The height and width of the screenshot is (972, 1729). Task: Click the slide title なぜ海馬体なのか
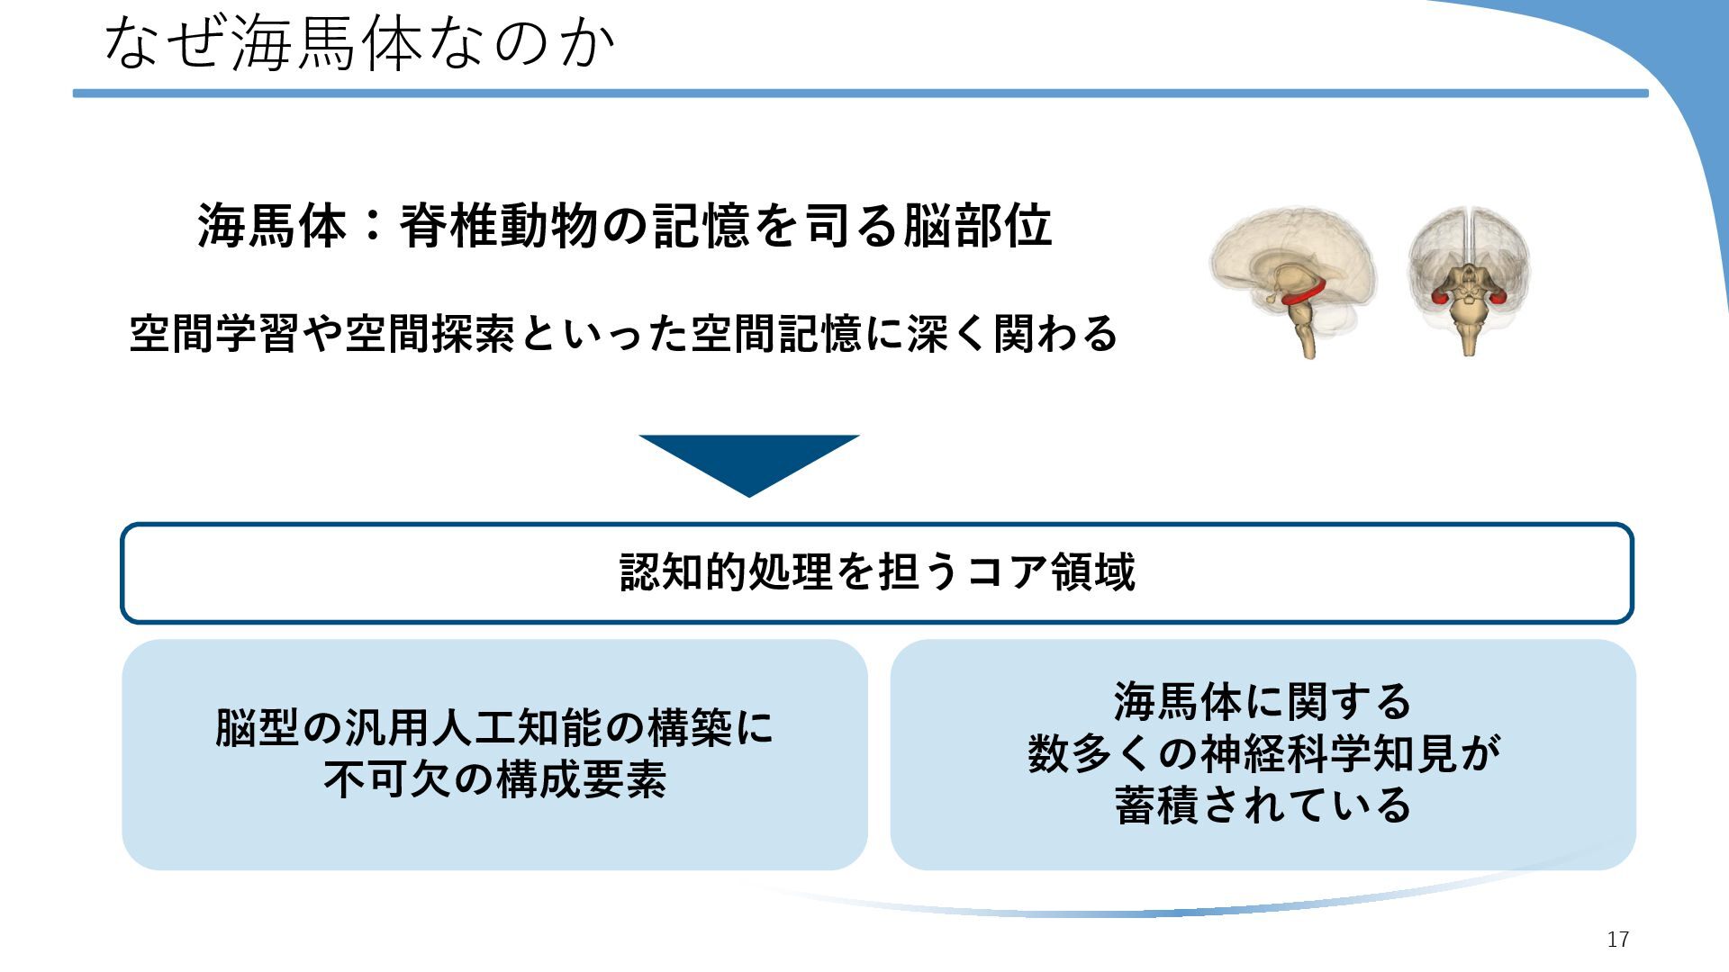click(x=358, y=43)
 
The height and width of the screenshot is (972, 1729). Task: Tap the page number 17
click(x=1617, y=940)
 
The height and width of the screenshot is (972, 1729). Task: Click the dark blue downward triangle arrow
click(x=749, y=461)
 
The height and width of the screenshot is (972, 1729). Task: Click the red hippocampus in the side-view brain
click(x=1302, y=295)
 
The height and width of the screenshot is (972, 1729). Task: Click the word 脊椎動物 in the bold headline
click(x=499, y=225)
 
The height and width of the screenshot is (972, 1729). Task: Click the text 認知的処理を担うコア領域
click(x=877, y=572)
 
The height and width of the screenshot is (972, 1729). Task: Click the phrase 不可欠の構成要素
click(x=494, y=780)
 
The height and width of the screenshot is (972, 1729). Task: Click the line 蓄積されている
click(x=1263, y=805)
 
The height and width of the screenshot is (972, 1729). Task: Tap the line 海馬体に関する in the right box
click(x=1263, y=702)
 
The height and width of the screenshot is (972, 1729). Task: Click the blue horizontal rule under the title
click(x=860, y=93)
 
